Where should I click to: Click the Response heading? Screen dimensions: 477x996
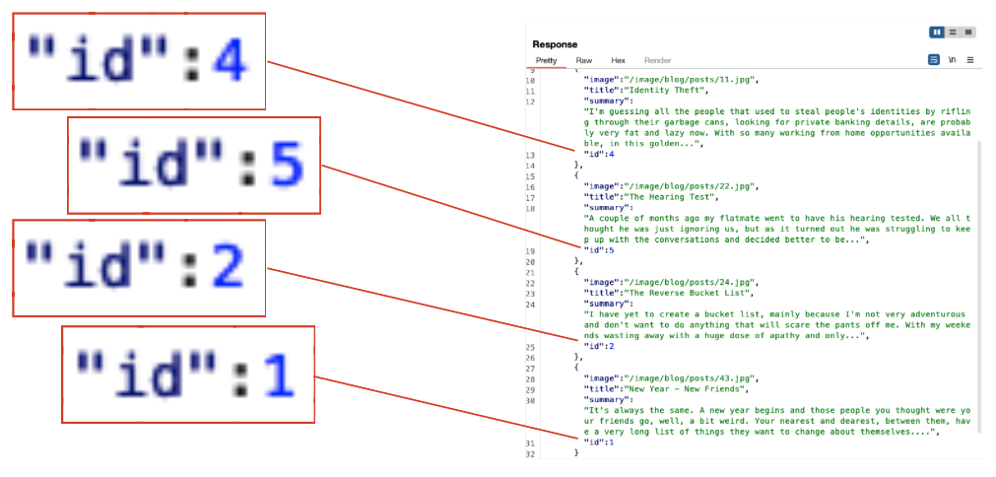coord(555,44)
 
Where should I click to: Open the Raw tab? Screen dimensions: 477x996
coord(584,61)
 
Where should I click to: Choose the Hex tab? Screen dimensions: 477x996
coord(618,61)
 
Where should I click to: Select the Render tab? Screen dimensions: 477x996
coord(657,61)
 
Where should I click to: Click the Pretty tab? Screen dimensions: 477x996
coord(546,61)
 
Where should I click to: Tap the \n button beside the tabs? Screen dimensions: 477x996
coord(951,60)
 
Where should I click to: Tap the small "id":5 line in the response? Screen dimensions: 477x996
coord(599,250)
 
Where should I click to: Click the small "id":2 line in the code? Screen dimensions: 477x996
coord(599,347)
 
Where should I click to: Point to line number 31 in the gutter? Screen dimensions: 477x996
coord(530,443)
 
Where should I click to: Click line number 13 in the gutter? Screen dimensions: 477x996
coord(530,154)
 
